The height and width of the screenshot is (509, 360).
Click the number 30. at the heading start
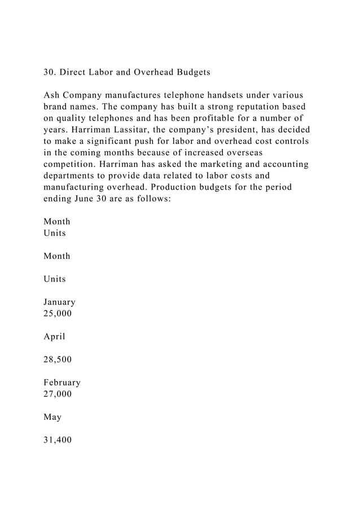click(x=51, y=73)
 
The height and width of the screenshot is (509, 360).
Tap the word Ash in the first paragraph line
click(x=52, y=95)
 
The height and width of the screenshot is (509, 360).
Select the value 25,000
click(x=58, y=313)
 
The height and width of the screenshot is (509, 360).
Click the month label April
click(x=54, y=337)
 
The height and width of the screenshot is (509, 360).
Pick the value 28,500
click(x=58, y=359)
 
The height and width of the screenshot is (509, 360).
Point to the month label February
click(x=62, y=383)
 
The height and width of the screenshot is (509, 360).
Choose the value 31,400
click(x=58, y=440)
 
